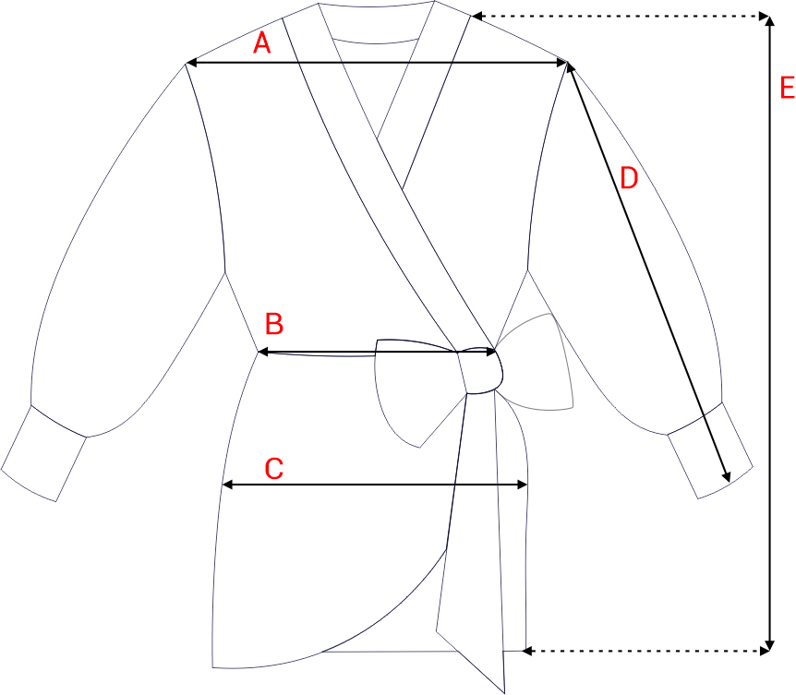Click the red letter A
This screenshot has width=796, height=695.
261,42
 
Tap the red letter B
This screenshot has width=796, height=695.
274,324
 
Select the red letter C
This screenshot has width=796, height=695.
274,468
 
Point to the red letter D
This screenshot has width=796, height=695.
629,178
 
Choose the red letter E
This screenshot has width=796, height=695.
788,88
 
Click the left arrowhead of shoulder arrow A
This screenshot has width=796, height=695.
190,63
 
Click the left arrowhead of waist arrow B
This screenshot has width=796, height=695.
262,352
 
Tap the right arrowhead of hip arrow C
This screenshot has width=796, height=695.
523,485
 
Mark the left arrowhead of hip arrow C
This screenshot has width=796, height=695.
227,485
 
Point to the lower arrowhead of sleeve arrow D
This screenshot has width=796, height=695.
727,477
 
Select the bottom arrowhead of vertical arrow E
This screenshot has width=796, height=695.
770,645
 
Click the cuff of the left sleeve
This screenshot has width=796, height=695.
43,453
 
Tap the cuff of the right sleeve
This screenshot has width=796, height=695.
710,450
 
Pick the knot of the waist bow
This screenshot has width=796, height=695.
480,370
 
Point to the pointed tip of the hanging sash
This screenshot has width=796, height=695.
504,692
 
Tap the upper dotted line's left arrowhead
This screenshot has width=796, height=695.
477,17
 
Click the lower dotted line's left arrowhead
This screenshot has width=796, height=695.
527,651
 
